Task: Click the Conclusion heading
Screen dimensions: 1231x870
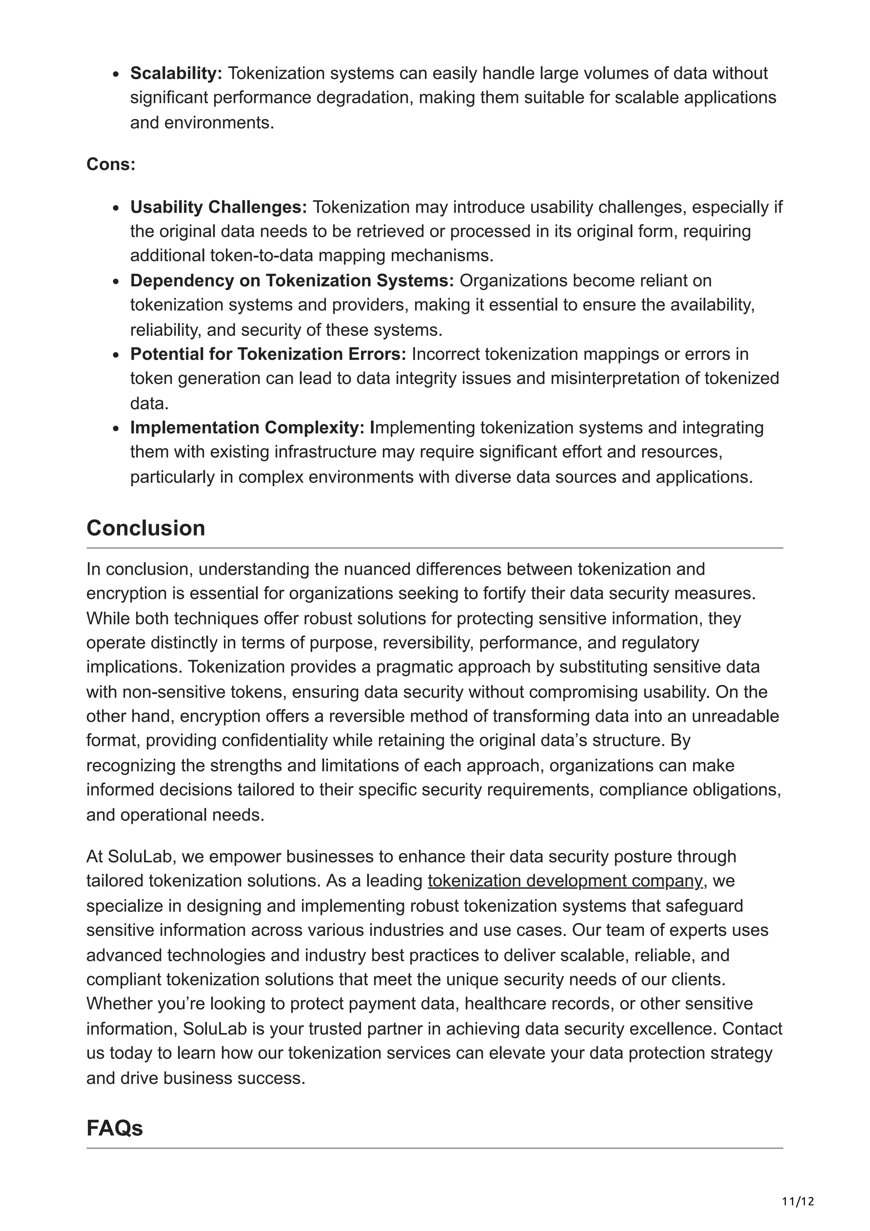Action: click(x=146, y=528)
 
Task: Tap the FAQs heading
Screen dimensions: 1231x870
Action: click(x=115, y=1129)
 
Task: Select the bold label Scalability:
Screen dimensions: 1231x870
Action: click(x=176, y=73)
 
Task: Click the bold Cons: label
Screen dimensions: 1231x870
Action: click(x=111, y=164)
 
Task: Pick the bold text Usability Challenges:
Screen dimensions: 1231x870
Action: click(x=218, y=207)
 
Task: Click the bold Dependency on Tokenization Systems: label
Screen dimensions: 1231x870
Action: click(x=291, y=280)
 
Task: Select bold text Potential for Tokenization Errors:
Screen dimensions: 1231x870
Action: click(x=268, y=354)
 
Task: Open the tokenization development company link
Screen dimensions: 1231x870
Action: click(x=565, y=881)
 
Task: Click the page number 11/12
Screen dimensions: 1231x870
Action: click(x=798, y=1202)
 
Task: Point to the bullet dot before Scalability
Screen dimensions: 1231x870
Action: click(x=116, y=74)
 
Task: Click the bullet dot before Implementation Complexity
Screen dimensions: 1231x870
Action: click(x=116, y=428)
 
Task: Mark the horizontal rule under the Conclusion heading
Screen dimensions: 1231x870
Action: click(x=434, y=548)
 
